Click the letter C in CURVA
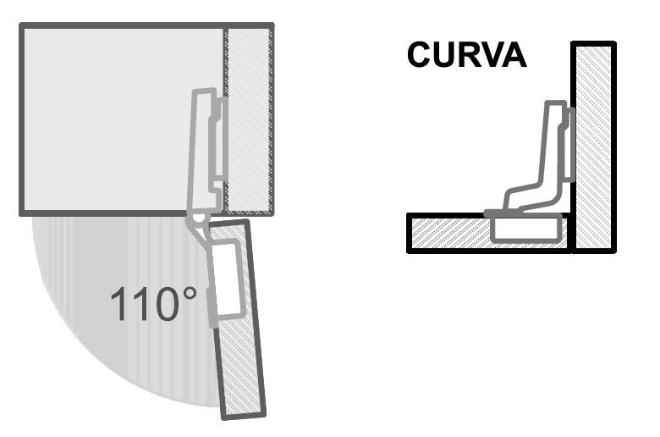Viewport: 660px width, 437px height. [x=419, y=55]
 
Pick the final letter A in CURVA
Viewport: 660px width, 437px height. [x=514, y=55]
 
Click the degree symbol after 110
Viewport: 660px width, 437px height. [x=190, y=294]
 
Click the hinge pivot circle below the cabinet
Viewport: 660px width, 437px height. [x=197, y=218]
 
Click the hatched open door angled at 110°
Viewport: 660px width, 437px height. [x=239, y=320]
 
